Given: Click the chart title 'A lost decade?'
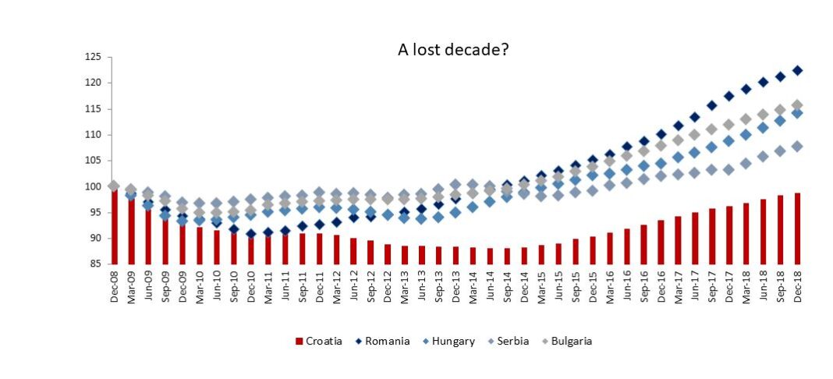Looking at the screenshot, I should pos(453,50).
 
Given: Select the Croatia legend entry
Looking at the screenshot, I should pos(318,341).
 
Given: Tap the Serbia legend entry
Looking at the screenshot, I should pos(508,341).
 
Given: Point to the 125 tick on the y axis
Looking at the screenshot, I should pos(94,57).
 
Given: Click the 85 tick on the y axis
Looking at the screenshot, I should pos(97,264).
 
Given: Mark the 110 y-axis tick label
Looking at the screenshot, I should pos(94,134).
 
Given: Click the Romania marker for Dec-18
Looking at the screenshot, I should pos(797,70).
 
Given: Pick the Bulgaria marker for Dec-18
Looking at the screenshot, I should pos(797,105).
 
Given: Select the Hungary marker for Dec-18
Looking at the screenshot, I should pos(797,113).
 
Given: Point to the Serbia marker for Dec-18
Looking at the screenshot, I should pos(797,146).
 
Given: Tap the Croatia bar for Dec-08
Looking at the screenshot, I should pos(115,226).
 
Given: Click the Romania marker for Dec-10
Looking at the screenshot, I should pos(250,234).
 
